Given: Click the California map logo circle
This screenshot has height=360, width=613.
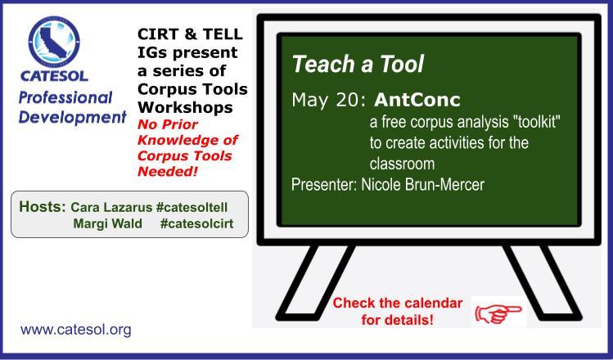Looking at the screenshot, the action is [54, 42].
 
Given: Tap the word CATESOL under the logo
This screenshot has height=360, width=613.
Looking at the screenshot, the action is [54, 76].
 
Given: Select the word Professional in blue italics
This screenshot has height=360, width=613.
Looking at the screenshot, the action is [65, 98].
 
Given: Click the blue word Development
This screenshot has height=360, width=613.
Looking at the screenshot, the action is [72, 117].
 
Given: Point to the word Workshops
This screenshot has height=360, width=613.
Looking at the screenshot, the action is [185, 107].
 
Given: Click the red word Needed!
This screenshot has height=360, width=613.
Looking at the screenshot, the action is [168, 171].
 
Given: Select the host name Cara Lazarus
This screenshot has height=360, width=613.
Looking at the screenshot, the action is [111, 207].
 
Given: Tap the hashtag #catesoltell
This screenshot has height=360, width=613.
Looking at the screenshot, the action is [192, 207].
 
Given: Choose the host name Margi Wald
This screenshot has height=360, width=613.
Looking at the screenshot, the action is [107, 224].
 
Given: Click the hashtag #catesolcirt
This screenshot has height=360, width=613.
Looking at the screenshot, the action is [196, 224].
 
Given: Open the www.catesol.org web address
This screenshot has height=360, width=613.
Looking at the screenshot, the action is [76, 330].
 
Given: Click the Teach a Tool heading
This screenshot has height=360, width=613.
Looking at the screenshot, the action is [358, 64].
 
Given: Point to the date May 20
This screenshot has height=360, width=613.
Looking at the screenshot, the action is [328, 100].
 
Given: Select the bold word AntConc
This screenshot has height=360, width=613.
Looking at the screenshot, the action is [417, 100].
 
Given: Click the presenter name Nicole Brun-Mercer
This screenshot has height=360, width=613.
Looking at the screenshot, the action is [422, 184].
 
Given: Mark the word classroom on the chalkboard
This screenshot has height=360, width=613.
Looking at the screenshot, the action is [402, 164].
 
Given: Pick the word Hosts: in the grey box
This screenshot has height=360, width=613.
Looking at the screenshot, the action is [43, 206].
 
